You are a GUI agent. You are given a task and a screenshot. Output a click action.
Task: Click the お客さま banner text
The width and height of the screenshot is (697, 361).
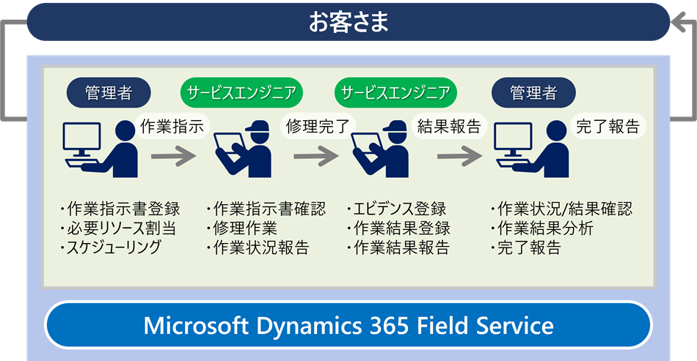[x=348, y=21]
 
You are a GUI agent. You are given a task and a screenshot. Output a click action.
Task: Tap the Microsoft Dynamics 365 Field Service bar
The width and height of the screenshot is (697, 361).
[x=348, y=324]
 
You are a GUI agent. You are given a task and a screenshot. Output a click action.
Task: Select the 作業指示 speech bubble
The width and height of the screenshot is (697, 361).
[x=171, y=126]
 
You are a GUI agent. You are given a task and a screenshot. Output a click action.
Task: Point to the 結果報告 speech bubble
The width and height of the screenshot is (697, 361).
[x=448, y=126]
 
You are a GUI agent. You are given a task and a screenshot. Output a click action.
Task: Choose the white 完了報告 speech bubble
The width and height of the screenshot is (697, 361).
[x=607, y=126]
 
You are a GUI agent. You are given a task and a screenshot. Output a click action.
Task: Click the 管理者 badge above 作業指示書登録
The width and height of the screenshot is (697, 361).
[x=109, y=93]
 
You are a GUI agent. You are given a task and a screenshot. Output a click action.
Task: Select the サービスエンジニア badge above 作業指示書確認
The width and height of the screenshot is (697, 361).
[x=241, y=93]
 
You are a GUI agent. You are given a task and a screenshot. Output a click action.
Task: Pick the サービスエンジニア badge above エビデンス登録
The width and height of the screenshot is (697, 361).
[x=396, y=93]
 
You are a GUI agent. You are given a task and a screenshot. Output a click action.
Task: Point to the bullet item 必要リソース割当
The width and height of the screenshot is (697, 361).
[x=119, y=228]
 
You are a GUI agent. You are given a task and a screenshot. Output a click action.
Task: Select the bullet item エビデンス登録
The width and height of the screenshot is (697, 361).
[x=398, y=209]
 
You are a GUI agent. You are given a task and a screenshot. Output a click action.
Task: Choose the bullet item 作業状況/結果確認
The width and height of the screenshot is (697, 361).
[x=563, y=209]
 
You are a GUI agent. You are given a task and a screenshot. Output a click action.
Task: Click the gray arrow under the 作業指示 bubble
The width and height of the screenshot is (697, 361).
[x=174, y=156]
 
